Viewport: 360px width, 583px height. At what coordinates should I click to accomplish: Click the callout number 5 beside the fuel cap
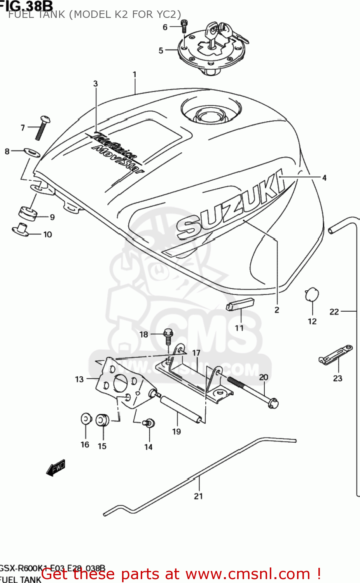(161, 51)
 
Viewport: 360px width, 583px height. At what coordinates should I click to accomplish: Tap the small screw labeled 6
(184, 26)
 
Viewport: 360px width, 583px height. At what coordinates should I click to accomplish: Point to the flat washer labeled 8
(32, 152)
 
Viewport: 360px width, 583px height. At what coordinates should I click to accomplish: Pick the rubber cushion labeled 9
(28, 213)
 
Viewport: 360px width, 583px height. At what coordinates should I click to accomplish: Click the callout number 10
(47, 234)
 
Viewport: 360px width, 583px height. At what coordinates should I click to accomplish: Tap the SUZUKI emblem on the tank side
(229, 206)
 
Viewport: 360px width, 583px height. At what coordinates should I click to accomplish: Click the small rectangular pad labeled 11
(240, 304)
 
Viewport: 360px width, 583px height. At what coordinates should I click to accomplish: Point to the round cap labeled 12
(312, 294)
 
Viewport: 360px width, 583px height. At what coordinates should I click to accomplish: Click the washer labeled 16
(86, 419)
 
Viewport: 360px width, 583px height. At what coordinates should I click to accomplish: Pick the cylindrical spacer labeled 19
(181, 409)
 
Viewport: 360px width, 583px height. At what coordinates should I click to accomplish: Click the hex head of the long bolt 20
(273, 403)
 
